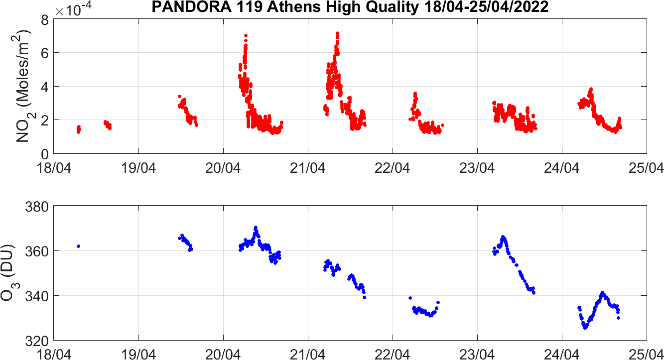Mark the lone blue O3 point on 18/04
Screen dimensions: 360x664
(x=78, y=246)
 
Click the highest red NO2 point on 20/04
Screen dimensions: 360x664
(x=246, y=36)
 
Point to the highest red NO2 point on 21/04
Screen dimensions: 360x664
(x=337, y=33)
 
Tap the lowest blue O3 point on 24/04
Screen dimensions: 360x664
(x=585, y=328)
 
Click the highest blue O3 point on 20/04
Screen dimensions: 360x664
(x=256, y=227)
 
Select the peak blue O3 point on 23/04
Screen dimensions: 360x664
(x=503, y=237)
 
